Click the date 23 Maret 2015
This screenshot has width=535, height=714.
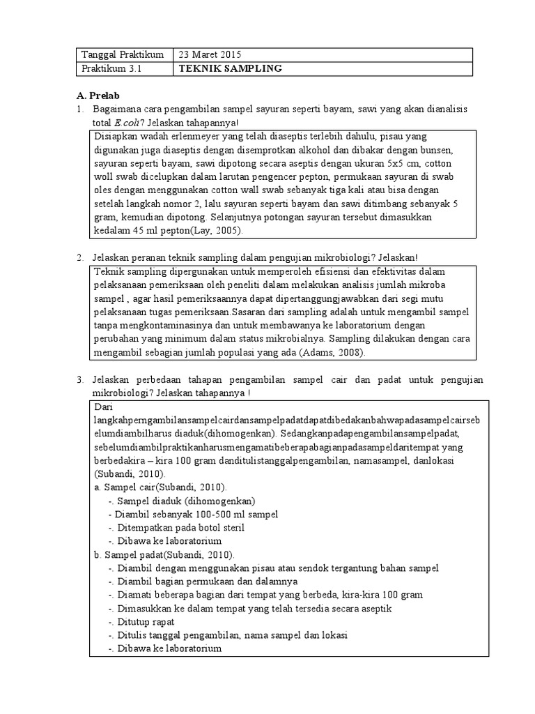[x=211, y=54]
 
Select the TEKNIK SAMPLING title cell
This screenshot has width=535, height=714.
[x=230, y=68]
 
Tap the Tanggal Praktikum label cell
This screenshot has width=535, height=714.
[x=123, y=54]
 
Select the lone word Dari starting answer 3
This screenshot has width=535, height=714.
[x=102, y=407]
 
